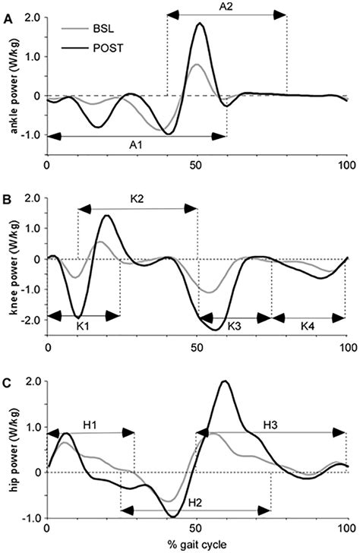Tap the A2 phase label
point(227,7)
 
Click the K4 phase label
point(308,325)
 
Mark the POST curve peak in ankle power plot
point(200,24)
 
